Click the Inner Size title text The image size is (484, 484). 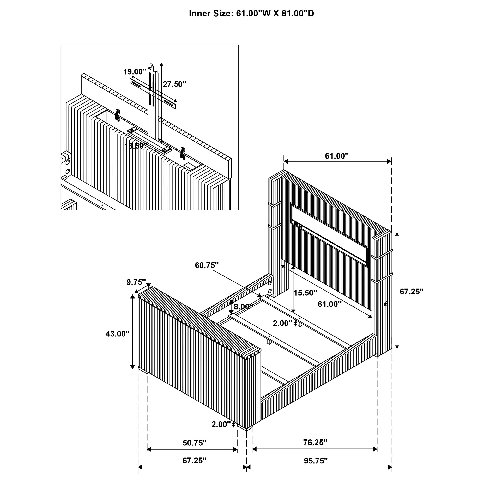click(x=251, y=14)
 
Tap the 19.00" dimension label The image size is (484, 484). click(x=135, y=72)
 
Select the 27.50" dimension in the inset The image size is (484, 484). click(x=175, y=84)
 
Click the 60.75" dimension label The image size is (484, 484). click(x=207, y=265)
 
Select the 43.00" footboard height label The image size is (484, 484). click(x=118, y=334)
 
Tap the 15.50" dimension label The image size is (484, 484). click(x=305, y=293)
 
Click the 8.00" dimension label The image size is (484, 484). click(x=243, y=306)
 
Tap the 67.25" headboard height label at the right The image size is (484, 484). click(x=412, y=292)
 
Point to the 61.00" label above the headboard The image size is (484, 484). click(x=337, y=156)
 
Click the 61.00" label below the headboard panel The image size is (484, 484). click(x=330, y=304)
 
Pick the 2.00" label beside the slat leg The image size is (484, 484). click(x=283, y=324)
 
